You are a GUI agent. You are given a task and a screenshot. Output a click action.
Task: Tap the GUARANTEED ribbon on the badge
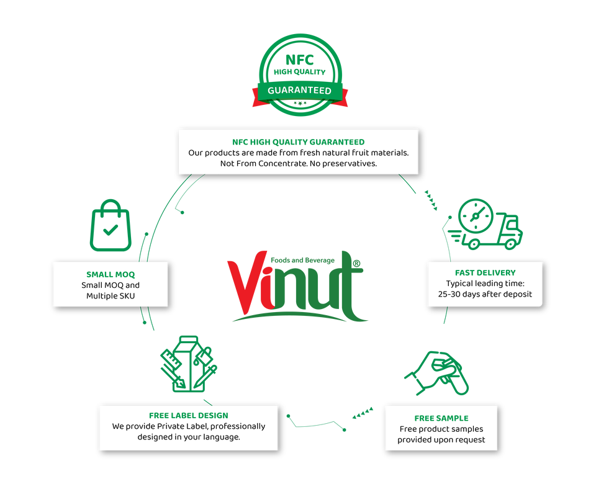click(x=300, y=91)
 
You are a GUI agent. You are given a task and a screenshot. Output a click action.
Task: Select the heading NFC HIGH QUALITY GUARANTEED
click(x=298, y=142)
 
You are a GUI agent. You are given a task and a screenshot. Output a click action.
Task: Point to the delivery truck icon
click(x=487, y=225)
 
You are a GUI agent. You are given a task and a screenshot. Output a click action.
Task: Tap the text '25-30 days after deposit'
click(x=485, y=294)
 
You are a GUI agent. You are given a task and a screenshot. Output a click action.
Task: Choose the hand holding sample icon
click(x=437, y=372)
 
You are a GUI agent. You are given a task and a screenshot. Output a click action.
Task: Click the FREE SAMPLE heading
click(x=441, y=418)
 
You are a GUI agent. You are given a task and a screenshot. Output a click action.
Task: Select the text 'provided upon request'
click(x=441, y=439)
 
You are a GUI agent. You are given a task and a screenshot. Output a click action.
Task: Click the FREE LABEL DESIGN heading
click(x=189, y=415)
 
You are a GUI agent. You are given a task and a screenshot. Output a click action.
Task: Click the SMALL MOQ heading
click(x=111, y=274)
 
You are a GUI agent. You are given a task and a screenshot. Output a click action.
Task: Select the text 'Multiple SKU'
click(x=111, y=296)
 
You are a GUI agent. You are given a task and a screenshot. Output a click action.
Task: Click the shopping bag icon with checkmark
click(x=111, y=226)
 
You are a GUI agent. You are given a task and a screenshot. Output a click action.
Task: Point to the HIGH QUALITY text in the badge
click(x=300, y=72)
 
